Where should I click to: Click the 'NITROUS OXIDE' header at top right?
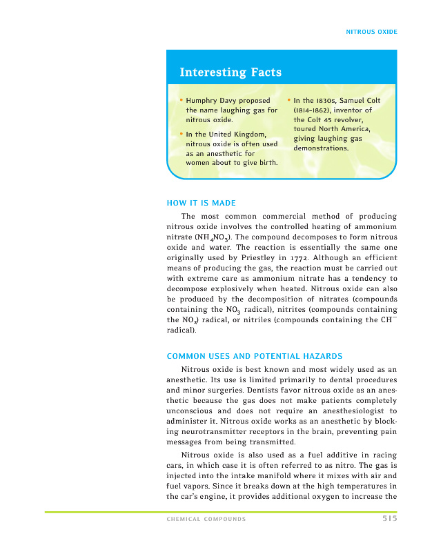pos(371,32)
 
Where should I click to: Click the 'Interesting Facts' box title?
pos(230,72)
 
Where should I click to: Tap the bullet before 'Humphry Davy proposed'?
pos(181,101)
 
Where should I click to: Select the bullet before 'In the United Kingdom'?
pos(181,134)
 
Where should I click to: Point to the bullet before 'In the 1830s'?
pos(288,101)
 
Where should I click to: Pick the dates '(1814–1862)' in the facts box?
pos(316,110)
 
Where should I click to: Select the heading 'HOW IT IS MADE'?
pos(202,203)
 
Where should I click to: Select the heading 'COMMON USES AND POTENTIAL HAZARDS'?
pos(255,356)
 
